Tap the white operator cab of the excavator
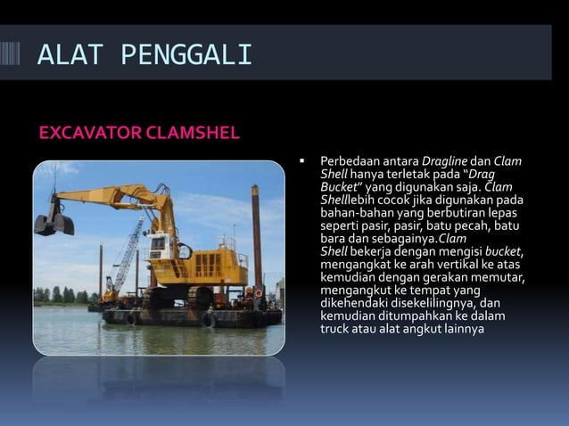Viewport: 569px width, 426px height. [161, 244]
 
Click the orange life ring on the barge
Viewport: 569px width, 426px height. [259, 292]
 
